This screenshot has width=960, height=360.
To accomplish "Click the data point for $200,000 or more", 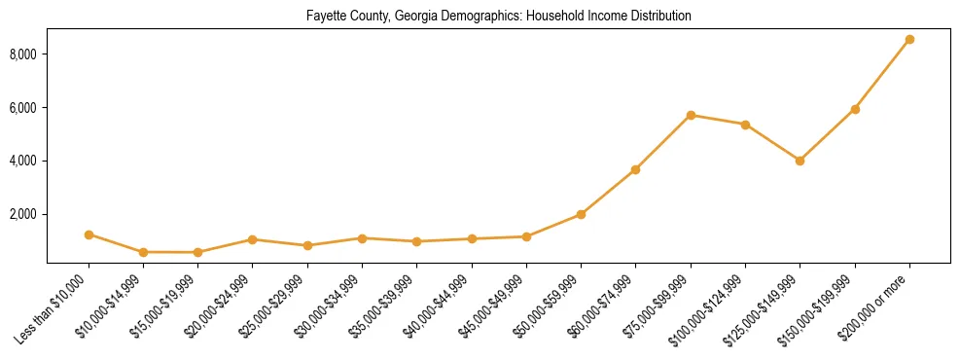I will [x=909, y=40].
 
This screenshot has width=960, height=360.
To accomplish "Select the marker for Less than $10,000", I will [x=89, y=234].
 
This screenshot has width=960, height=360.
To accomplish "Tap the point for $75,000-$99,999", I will [x=691, y=115].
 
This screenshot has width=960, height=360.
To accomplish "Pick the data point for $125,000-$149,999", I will [x=800, y=161].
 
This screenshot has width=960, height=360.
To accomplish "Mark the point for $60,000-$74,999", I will [x=635, y=169].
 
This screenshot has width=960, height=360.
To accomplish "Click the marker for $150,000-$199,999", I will [x=855, y=109].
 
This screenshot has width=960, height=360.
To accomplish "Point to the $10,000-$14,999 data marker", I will [x=143, y=252].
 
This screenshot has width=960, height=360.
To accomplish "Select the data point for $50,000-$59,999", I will [x=581, y=214].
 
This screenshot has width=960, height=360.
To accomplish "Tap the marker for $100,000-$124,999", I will [x=745, y=125].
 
